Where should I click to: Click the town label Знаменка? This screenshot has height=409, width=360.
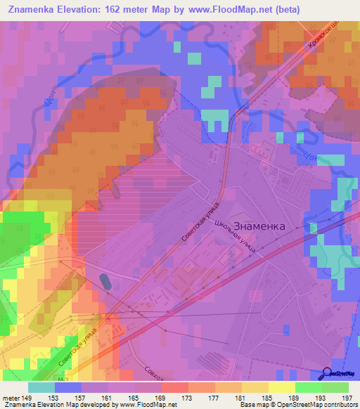[259, 226]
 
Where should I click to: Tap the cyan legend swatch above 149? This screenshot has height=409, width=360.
[41, 387]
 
